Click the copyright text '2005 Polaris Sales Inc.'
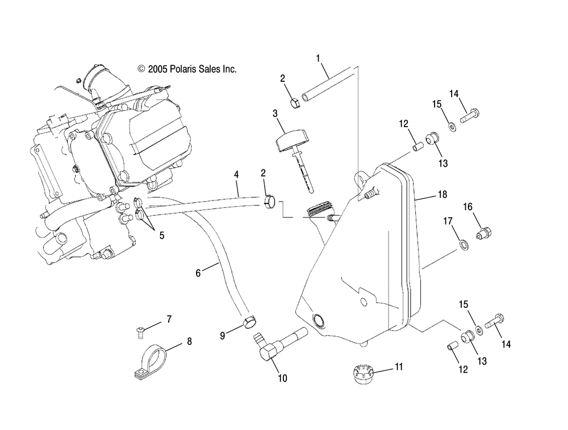coord(192,69)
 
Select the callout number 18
coord(442,194)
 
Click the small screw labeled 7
coord(140,332)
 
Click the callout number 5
coord(161,236)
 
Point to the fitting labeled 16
coord(485,232)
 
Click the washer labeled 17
coord(463,245)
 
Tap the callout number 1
coord(318,59)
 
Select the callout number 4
coord(236,174)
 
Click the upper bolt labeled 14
coord(470,114)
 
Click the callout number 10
coord(282,378)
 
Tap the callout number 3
coord(275,114)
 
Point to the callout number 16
coord(467,207)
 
